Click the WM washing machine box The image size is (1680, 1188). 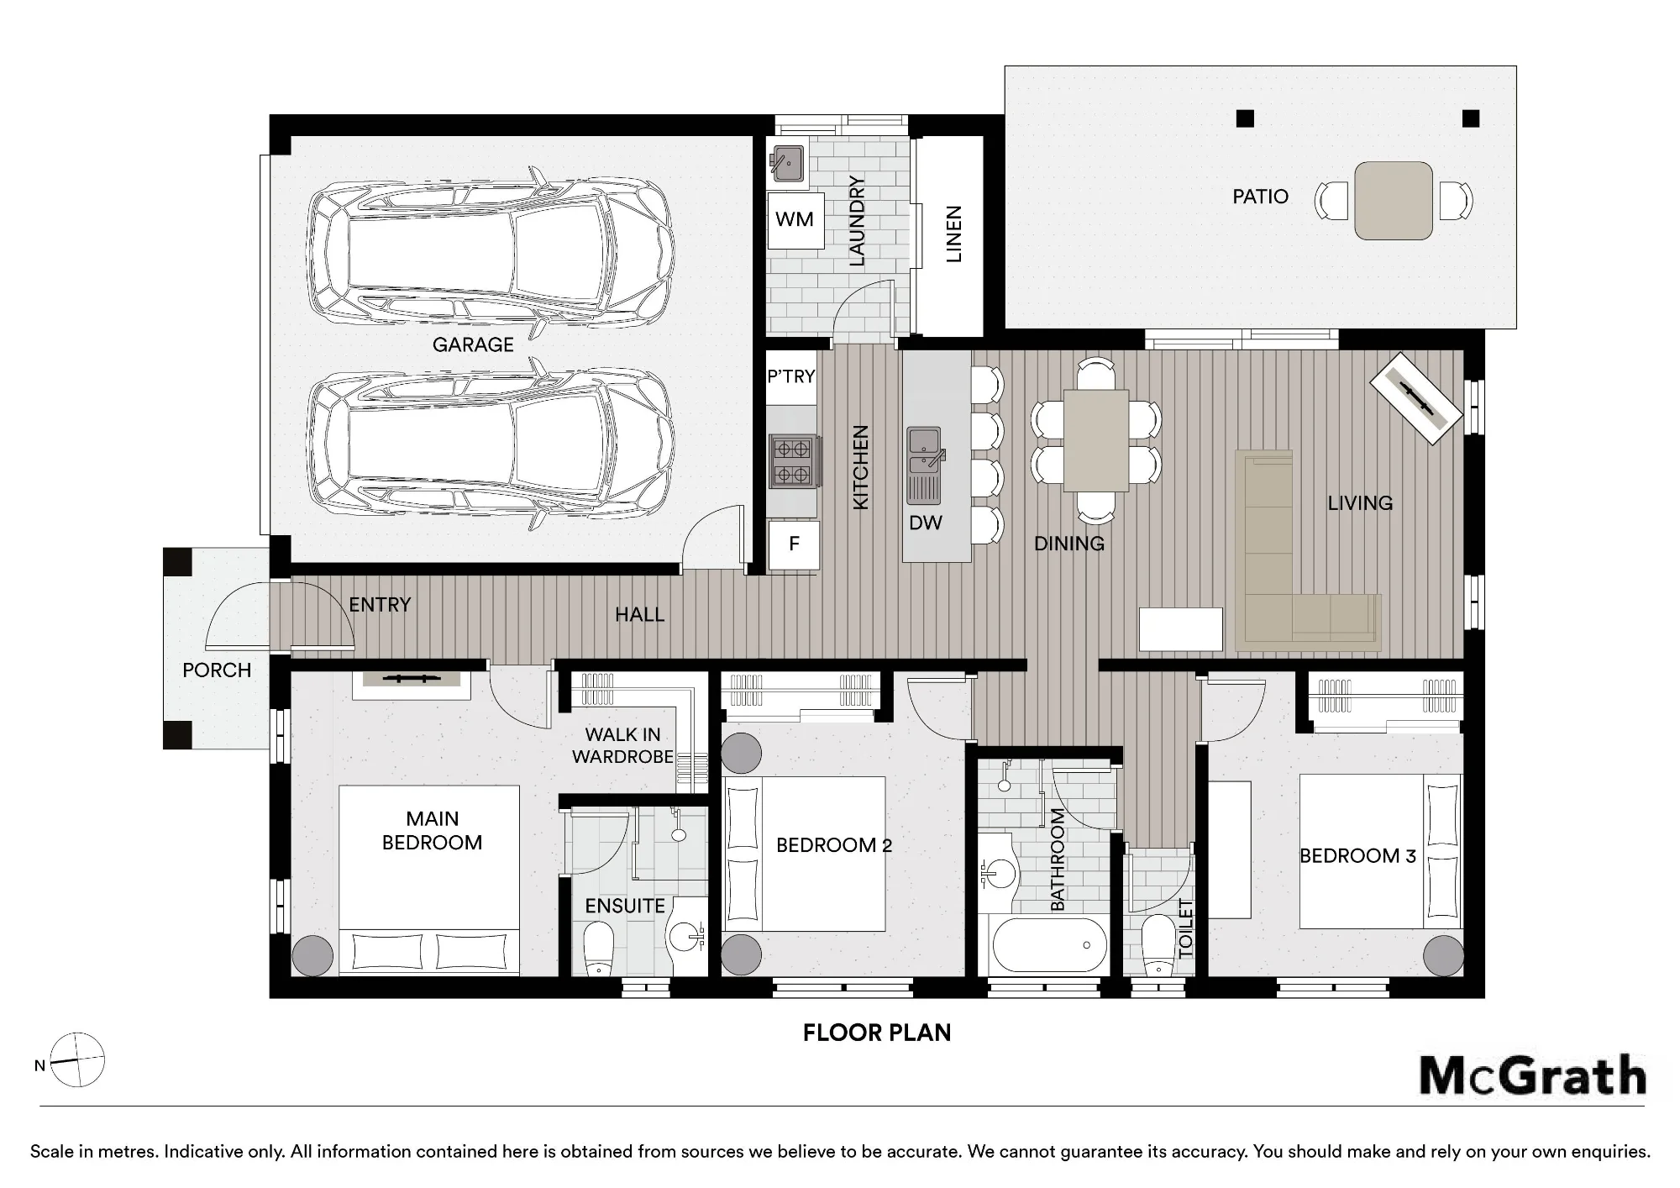click(x=795, y=220)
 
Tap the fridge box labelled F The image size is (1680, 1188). click(x=794, y=544)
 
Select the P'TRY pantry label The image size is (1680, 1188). click(x=791, y=376)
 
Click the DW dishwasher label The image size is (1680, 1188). click(x=925, y=523)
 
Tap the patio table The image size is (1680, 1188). click(x=1393, y=201)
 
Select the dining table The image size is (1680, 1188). click(x=1095, y=440)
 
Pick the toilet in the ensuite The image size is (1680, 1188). click(x=598, y=949)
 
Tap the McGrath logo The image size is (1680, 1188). click(x=1532, y=1075)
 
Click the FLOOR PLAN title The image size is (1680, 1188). click(x=877, y=1033)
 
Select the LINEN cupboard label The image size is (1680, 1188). click(x=953, y=234)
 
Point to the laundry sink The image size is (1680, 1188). click(x=788, y=163)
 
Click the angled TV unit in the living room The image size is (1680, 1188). click(x=1417, y=397)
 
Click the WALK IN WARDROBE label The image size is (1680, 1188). click(x=622, y=746)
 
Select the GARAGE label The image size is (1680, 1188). click(x=473, y=344)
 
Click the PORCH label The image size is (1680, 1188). click(x=217, y=670)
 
